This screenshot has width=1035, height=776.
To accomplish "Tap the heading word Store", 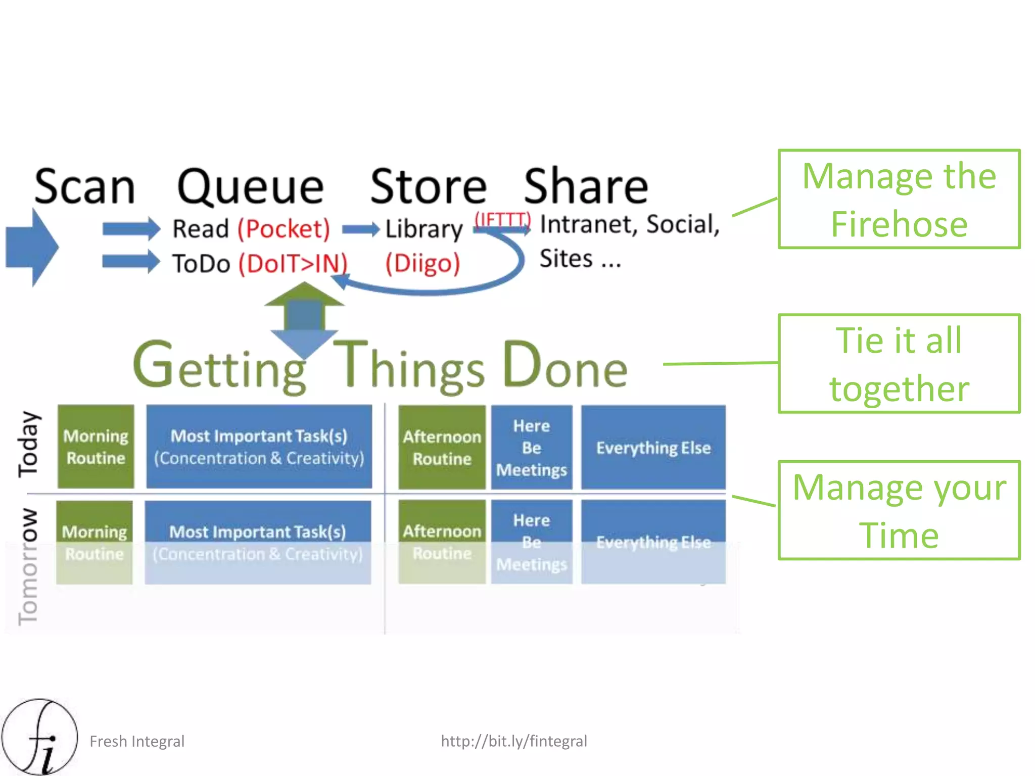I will click(x=428, y=186).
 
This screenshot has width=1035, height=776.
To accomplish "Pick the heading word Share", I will click(x=585, y=186).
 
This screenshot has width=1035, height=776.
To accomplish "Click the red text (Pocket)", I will click(x=284, y=229).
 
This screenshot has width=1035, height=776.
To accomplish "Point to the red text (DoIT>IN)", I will click(x=293, y=264).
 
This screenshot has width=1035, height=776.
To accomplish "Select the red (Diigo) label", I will click(x=422, y=263).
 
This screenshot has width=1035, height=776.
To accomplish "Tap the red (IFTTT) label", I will click(x=502, y=220).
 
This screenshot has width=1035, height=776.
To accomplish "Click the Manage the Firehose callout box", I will click(x=899, y=199).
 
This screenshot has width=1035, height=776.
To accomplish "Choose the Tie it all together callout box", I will click(x=899, y=364).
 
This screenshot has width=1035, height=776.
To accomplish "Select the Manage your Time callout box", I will click(x=899, y=510).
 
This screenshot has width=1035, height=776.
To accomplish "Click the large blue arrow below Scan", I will click(x=32, y=247).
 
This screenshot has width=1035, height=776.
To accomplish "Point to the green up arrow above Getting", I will click(x=304, y=296).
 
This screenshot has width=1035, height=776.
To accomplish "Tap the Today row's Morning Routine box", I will click(x=96, y=447).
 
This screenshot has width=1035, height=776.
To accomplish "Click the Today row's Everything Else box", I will click(x=653, y=448).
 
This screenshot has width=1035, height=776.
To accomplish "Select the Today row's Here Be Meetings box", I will click(x=531, y=448).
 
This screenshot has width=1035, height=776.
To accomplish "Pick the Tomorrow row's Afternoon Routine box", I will click(x=442, y=542).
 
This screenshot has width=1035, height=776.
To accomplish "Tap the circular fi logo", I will click(x=39, y=737).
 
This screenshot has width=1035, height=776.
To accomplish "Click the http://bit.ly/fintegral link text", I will click(x=513, y=741).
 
